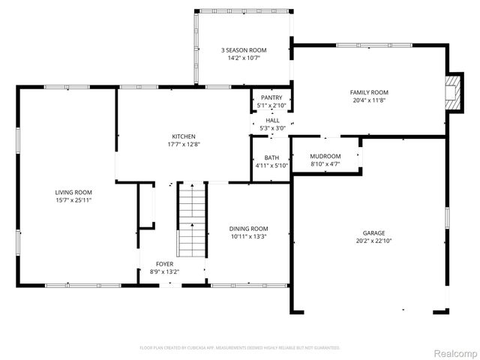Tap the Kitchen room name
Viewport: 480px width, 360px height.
tap(182, 136)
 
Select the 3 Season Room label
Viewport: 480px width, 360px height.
tap(244, 50)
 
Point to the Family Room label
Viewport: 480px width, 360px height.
tap(369, 92)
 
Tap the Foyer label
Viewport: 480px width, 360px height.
tap(164, 264)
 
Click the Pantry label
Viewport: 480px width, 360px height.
tap(271, 97)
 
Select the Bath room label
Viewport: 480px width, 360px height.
tap(271, 157)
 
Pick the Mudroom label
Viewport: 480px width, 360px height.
tap(325, 156)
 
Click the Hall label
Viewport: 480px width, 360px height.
tap(272, 120)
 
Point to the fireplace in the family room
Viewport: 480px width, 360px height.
tap(453, 92)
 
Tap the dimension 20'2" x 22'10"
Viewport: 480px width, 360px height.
tap(368, 241)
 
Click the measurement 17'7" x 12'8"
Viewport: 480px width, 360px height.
tap(182, 145)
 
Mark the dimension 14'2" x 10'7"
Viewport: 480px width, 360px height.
tap(244, 58)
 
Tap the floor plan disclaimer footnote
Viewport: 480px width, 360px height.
tap(240, 348)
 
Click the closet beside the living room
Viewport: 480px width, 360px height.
tap(145, 204)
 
